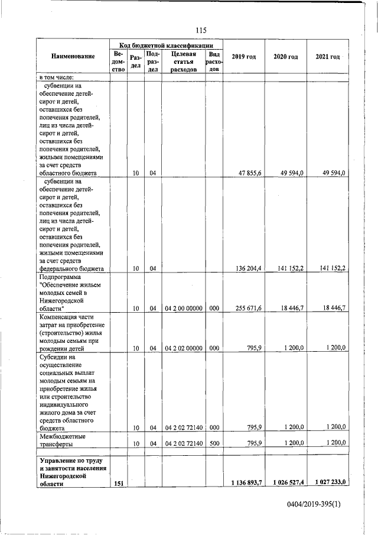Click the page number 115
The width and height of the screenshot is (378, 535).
coord(200,31)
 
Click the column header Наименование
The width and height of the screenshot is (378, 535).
coord(73,56)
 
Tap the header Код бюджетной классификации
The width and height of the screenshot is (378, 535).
coord(166,45)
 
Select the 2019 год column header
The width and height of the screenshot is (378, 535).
coord(244,56)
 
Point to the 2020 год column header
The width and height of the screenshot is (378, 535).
coord(286,56)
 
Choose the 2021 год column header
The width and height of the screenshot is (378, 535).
coord(328,56)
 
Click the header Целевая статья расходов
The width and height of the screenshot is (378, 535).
coord(183,61)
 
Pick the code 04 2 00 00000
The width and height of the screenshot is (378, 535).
coord(184,308)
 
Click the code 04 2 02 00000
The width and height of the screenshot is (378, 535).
coord(184,348)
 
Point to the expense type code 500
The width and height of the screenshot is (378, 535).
coord(214,443)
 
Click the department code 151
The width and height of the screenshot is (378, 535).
coord(118,483)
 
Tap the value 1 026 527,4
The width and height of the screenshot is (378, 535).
coord(286,483)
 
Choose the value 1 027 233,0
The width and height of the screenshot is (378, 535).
coord(328,483)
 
